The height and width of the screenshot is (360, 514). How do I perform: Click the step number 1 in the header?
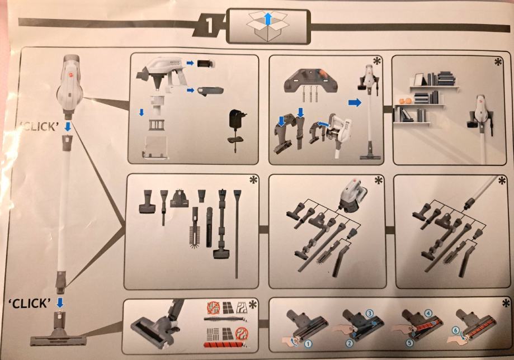click(x=210, y=26)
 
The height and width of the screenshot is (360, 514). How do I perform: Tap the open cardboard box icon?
click(x=268, y=26)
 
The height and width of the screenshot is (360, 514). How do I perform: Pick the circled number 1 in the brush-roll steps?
click(x=308, y=344)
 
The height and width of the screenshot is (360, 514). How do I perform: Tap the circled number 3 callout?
click(x=370, y=313)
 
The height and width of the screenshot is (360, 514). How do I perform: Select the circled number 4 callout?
click(x=428, y=313)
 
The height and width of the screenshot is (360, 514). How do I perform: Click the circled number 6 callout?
click(x=456, y=330)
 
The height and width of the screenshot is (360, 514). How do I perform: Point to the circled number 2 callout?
click(x=349, y=343)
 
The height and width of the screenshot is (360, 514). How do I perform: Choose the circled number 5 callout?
click(x=410, y=343)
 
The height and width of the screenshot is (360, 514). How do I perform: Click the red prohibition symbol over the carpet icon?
click(x=242, y=334)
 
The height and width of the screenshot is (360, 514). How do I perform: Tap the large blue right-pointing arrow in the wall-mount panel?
click(x=355, y=102)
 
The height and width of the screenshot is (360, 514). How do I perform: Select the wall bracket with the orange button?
click(x=311, y=79)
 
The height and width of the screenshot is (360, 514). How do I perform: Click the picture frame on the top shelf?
click(x=418, y=79)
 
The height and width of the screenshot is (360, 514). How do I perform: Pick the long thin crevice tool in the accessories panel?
click(x=237, y=233)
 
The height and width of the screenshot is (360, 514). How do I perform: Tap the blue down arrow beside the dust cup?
click(x=142, y=112)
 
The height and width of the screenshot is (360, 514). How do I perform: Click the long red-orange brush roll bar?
click(x=224, y=344)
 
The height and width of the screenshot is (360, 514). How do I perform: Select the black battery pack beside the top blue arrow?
click(x=205, y=63)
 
